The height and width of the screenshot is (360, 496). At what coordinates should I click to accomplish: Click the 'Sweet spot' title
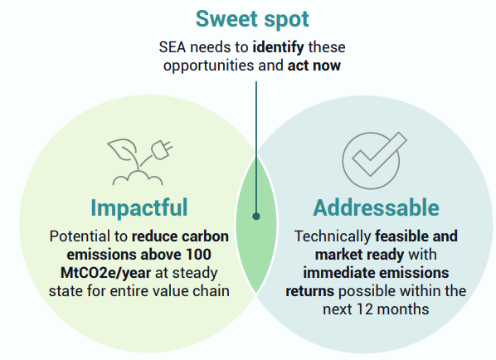click(252, 20)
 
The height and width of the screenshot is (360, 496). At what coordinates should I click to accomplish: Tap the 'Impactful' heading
click(139, 207)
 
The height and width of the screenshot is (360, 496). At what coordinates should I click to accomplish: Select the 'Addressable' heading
click(376, 207)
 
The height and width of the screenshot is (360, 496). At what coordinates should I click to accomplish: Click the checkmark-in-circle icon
click(374, 160)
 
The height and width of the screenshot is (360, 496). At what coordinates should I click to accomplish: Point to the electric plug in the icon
click(162, 149)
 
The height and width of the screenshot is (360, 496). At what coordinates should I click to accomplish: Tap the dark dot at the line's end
click(256, 216)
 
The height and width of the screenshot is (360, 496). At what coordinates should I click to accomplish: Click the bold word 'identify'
click(278, 47)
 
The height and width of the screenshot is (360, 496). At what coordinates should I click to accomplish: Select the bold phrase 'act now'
click(314, 66)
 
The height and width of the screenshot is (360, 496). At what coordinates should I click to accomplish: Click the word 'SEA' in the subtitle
click(173, 47)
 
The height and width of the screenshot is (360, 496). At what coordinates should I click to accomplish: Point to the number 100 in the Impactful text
click(198, 255)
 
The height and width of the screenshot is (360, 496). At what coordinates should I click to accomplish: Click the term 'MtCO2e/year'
click(105, 274)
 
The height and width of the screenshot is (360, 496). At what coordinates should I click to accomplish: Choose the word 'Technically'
click(333, 236)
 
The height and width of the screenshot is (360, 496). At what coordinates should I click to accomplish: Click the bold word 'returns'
click(309, 291)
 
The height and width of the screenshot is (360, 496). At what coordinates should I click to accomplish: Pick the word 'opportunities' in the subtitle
click(209, 66)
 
